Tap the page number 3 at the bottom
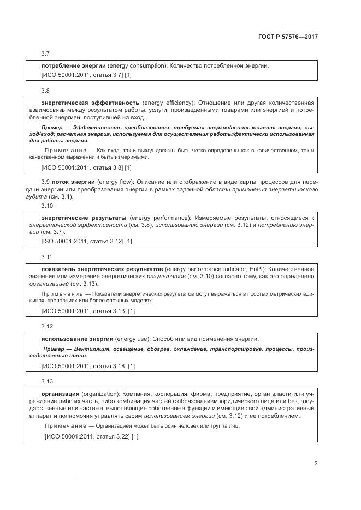pyautogui.click(x=316, y=464)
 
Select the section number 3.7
pyautogui.click(x=45, y=53)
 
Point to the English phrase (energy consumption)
pyautogui.click(x=137, y=66)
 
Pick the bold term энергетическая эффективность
pyautogui.click(x=91, y=102)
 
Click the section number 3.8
pyautogui.click(x=45, y=89)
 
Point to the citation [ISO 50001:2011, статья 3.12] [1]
pyautogui.click(x=87, y=241)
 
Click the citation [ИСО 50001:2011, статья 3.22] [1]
pyautogui.click(x=91, y=436)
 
